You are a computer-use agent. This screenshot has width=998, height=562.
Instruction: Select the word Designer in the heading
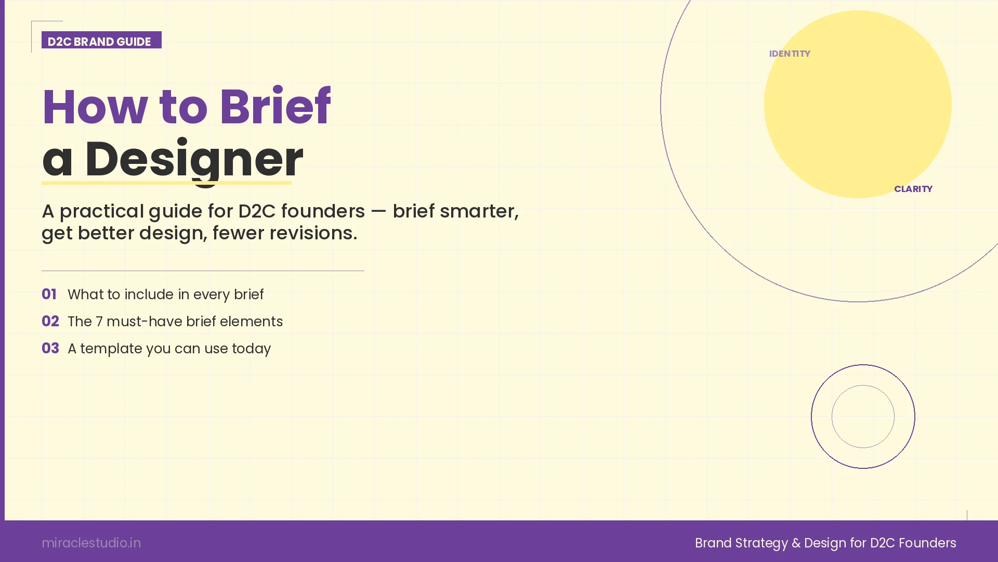click(x=193, y=159)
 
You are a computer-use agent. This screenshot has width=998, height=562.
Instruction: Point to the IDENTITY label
click(x=790, y=54)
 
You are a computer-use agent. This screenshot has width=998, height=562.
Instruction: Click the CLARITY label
click(x=913, y=189)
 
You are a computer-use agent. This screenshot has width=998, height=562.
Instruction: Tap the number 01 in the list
click(x=49, y=295)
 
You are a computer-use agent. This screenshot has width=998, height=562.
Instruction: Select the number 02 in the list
click(x=50, y=322)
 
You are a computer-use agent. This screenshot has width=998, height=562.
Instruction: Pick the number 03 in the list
click(x=50, y=349)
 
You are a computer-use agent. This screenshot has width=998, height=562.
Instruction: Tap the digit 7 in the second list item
click(x=99, y=322)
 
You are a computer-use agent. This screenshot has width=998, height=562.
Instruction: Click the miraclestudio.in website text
click(x=91, y=543)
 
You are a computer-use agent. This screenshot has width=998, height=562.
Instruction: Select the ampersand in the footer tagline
click(x=796, y=543)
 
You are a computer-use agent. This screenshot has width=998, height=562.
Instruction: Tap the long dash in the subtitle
click(x=378, y=211)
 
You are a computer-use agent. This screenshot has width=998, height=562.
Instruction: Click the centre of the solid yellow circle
click(x=858, y=104)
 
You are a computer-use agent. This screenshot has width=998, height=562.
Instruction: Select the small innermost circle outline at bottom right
click(x=863, y=386)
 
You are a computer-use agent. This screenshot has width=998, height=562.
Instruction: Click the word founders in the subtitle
click(x=323, y=211)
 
